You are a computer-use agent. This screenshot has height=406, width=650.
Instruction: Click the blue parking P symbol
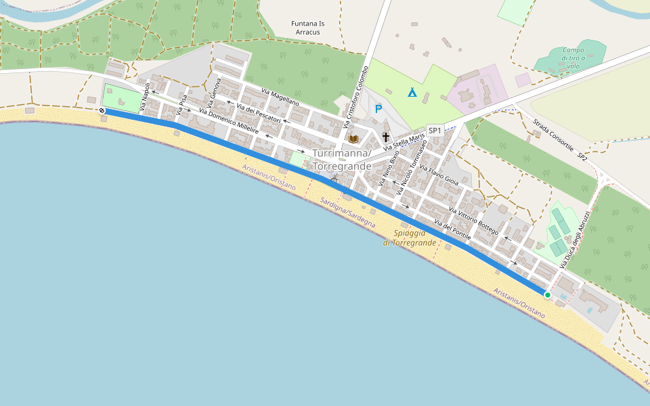click(378, 108)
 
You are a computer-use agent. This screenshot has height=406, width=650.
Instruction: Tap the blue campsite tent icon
click(412, 92)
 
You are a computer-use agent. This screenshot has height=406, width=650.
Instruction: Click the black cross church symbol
click(385, 137)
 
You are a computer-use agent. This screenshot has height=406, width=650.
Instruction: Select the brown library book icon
click(353, 139)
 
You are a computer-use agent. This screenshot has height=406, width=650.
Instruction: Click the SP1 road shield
click(435, 131)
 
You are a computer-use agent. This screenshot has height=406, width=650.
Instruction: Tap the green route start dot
click(547, 295)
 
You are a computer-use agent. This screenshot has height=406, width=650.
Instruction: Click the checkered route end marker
click(102, 110)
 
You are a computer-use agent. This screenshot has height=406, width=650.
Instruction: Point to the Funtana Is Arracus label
click(308, 28)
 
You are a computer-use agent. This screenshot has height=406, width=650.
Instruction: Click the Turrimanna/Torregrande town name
click(342, 160)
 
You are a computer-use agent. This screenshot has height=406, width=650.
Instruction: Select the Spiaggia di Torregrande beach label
click(410, 238)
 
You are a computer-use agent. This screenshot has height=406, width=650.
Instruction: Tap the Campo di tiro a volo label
click(573, 58)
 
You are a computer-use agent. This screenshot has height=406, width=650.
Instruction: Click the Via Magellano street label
click(280, 96)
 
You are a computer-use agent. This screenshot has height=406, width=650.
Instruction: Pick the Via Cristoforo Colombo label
click(355, 96)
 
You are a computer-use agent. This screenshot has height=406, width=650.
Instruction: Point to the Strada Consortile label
click(553, 135)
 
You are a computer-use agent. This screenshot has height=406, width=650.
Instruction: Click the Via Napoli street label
click(145, 97)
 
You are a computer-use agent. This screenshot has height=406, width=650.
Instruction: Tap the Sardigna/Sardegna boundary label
click(348, 212)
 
